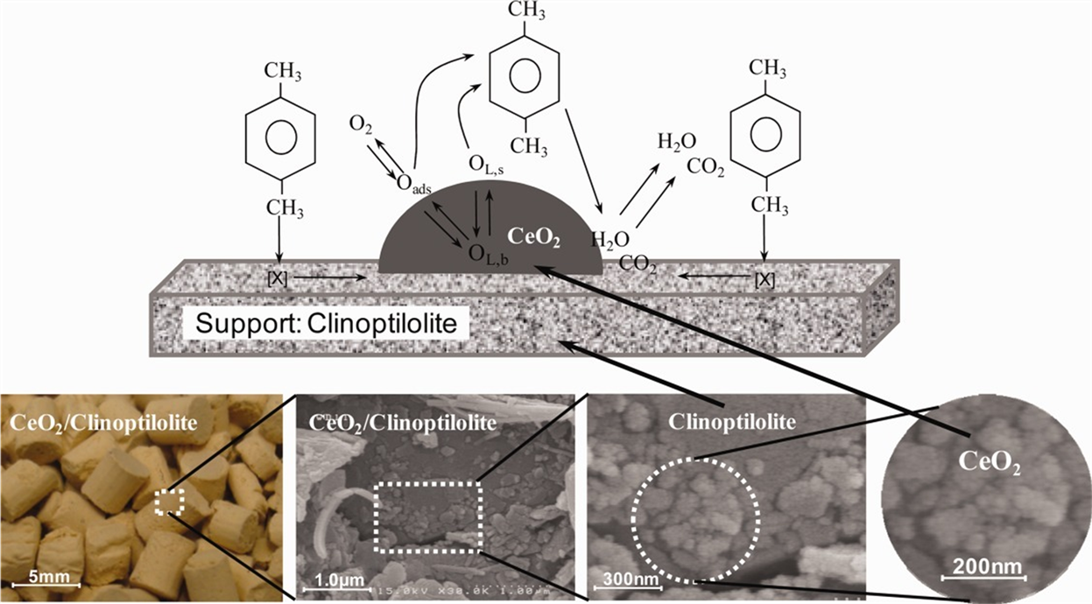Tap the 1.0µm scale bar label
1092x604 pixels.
328,580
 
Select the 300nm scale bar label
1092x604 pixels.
623,579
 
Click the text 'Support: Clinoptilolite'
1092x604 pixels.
326,323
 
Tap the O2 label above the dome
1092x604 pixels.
361,123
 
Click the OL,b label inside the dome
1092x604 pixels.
486,255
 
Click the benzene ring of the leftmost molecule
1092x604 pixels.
279,139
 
